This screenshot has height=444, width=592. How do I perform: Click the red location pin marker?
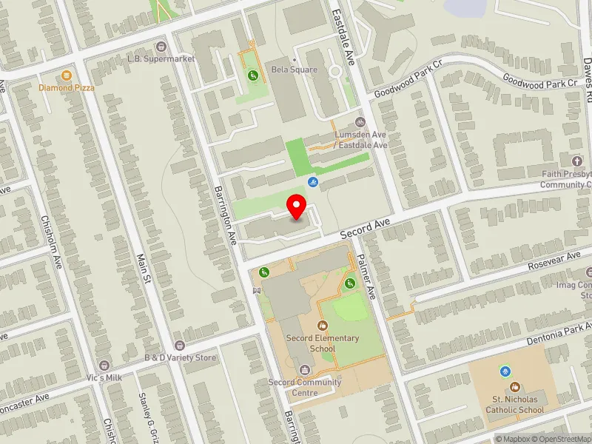297,206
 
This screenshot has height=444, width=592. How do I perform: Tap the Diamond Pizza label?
67,87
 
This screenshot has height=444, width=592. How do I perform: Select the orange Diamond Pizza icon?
67,75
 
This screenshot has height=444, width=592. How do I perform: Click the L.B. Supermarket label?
161,58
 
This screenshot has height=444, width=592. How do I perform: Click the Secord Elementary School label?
323,343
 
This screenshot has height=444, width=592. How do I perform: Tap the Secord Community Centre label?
304,387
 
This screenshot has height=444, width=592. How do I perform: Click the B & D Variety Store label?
180,358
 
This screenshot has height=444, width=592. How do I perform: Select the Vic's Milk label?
104,378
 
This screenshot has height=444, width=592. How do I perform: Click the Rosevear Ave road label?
554,260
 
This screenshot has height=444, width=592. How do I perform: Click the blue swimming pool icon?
313,181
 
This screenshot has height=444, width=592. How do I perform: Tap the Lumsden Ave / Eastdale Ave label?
360,140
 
